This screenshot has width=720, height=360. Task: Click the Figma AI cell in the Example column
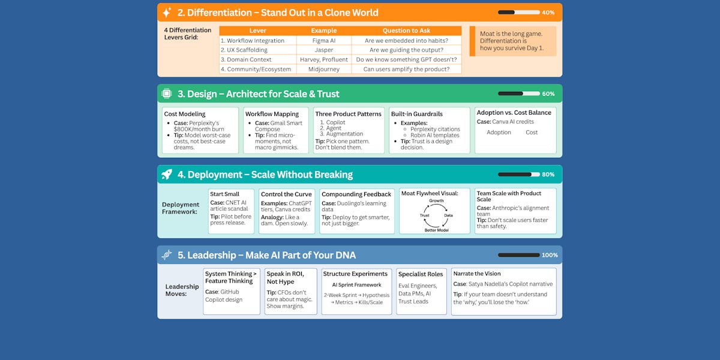click(x=324, y=40)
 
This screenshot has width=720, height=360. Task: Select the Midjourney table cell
click(x=324, y=69)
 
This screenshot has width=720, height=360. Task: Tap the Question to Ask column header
click(x=406, y=31)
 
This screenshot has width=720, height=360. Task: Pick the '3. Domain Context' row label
click(x=246, y=59)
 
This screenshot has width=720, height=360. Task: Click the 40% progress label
click(x=548, y=13)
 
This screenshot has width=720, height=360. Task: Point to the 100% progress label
click(x=550, y=255)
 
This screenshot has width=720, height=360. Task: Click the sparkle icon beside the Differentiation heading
click(x=167, y=12)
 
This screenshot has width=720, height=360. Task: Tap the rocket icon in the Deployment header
click(x=167, y=175)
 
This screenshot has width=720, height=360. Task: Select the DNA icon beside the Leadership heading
click(x=167, y=255)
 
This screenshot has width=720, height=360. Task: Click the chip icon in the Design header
click(x=167, y=94)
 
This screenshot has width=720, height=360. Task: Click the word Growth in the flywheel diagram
click(x=436, y=201)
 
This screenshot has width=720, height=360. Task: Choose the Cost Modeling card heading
click(x=184, y=113)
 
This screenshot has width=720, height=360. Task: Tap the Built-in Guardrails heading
click(x=417, y=113)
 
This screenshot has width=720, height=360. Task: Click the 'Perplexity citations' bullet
click(x=435, y=129)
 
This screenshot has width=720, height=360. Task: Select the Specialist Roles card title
click(x=421, y=274)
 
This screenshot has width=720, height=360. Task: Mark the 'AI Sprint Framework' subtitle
click(x=356, y=285)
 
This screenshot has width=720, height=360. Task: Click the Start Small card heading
click(x=224, y=194)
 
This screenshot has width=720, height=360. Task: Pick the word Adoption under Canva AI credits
click(x=499, y=133)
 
